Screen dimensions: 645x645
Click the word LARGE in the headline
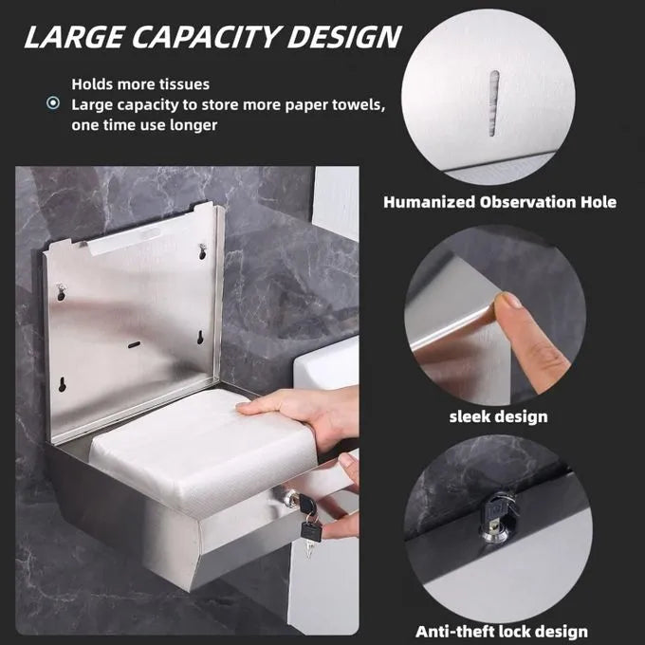[x=74, y=37]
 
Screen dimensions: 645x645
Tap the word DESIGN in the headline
[x=344, y=37]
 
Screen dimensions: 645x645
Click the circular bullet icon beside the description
[x=53, y=102]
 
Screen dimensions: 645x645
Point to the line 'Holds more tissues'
[x=140, y=84]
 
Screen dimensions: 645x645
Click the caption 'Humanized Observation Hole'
[x=500, y=202]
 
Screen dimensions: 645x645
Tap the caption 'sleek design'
[x=499, y=416]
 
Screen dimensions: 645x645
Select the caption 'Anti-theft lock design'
[x=502, y=631]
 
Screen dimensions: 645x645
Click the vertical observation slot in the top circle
[x=493, y=102]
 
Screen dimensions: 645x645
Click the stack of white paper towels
[x=201, y=449]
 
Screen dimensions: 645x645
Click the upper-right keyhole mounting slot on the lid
[x=202, y=251]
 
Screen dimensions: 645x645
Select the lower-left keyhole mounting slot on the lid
[x=62, y=384]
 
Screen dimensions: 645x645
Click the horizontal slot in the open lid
[x=134, y=344]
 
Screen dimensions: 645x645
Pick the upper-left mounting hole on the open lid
[x=62, y=291]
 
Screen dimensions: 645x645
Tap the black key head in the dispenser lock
[x=307, y=504]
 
